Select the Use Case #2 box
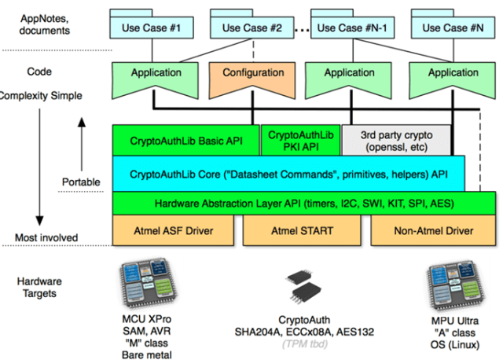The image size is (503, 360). pos(252,28)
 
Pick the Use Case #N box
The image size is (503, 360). pos(453,28)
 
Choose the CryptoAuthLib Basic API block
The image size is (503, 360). pos(185,140)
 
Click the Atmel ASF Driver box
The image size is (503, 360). pos(174,231)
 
